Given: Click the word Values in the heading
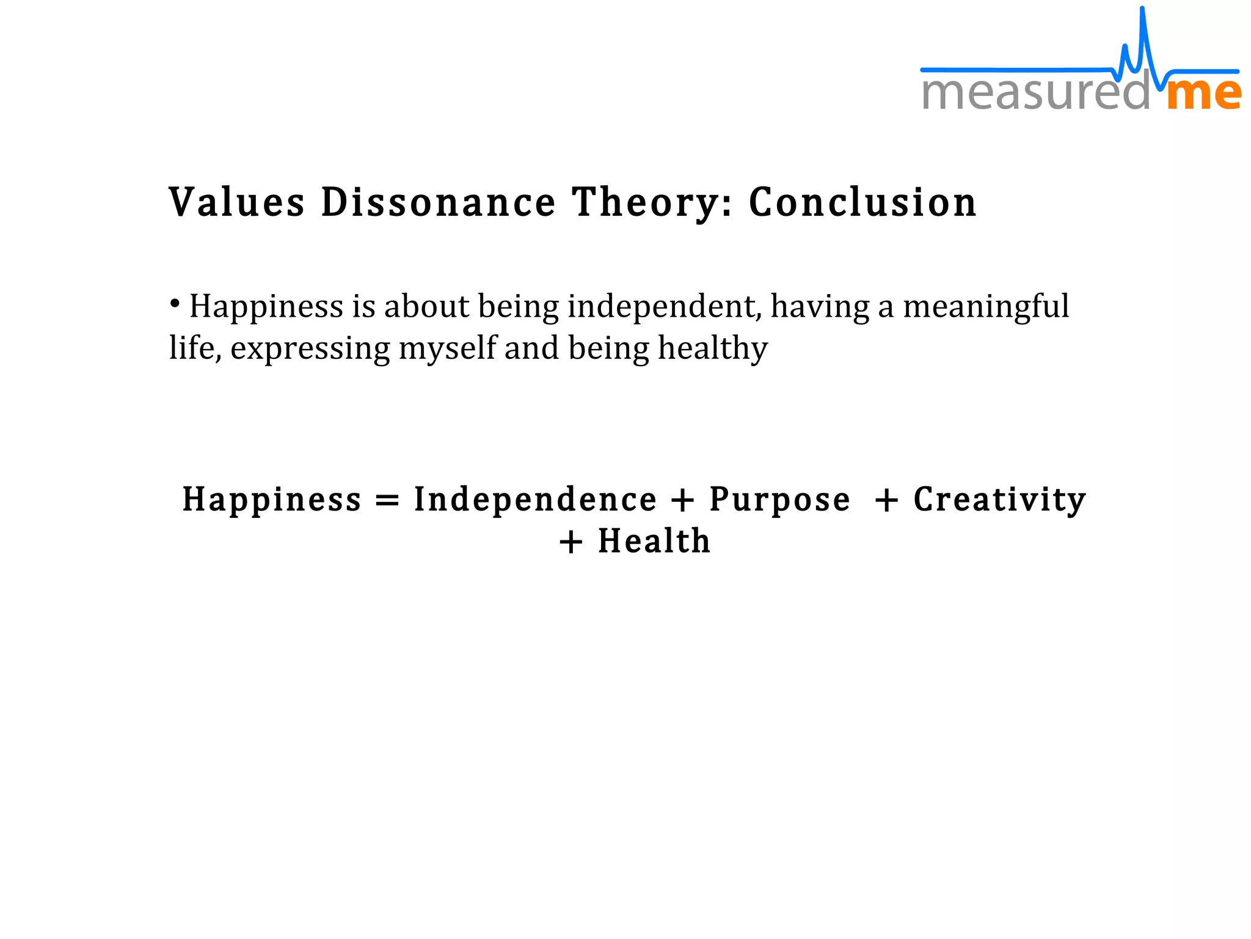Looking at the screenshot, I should coord(236,202).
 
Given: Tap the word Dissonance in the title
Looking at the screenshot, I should coord(438,202).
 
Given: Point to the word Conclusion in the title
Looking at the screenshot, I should coord(863,202).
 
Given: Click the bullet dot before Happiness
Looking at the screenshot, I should coord(175,303).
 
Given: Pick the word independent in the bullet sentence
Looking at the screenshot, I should coord(665,307).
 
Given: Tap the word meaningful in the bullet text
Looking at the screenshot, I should coord(986,307).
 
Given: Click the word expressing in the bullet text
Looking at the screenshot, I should coord(310,349).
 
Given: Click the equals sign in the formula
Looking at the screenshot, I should coord(387,501).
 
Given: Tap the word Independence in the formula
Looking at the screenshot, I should coord(535,499).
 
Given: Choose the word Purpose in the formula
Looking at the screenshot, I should coord(779,501).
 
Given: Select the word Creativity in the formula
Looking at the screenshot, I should coord(1000,501).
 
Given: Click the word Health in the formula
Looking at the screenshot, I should coord(654,542).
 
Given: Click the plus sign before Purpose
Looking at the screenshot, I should coord(682,501).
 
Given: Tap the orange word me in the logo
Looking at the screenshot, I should coord(1204,94).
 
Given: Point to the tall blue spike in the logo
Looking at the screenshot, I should coord(1142,31).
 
